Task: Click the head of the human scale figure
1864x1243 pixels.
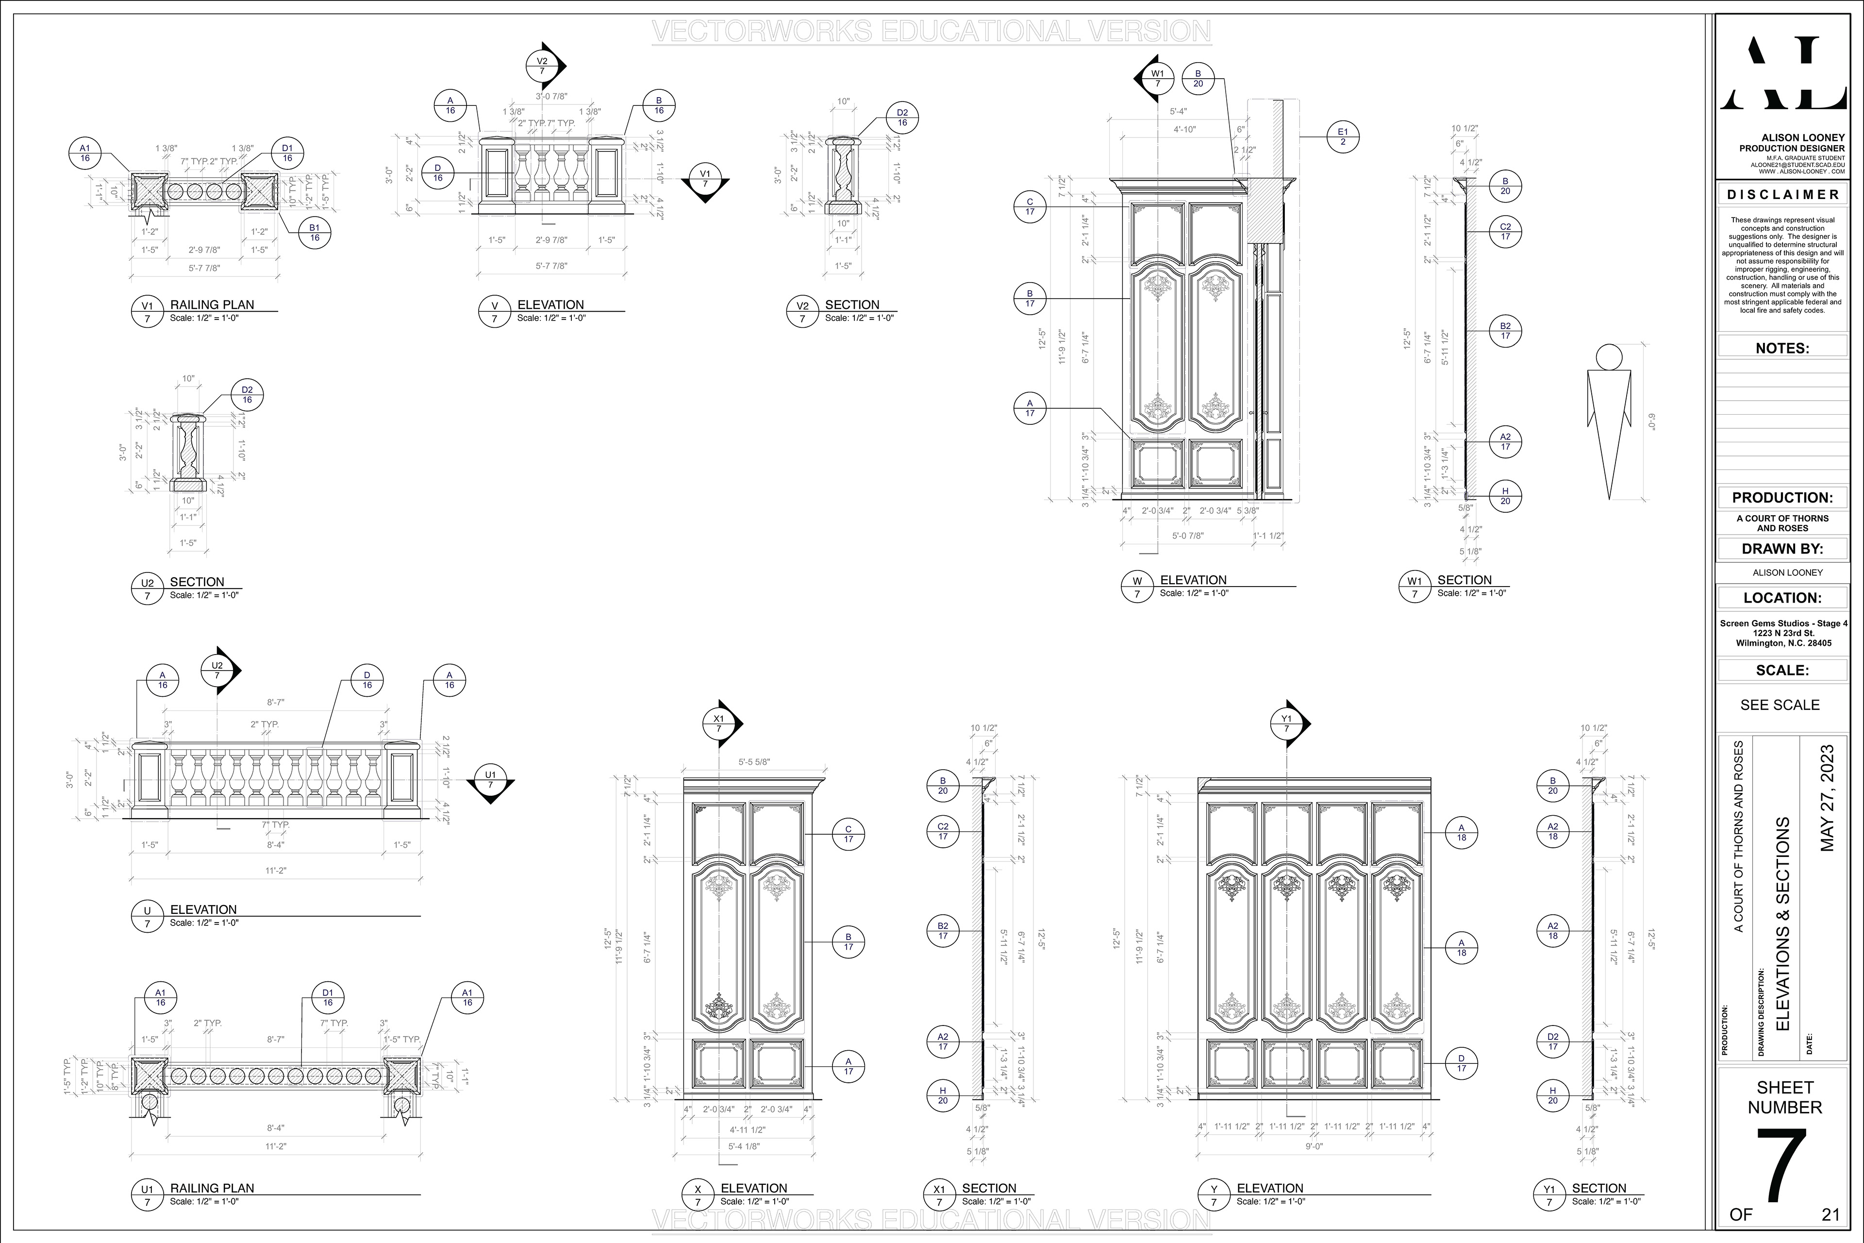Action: [1609, 357]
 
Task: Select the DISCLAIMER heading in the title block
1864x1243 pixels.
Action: [1782, 194]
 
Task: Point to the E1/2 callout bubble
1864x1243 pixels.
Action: [1343, 137]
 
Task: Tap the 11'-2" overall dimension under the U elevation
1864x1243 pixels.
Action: [275, 871]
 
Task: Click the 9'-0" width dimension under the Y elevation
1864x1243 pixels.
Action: [1314, 1145]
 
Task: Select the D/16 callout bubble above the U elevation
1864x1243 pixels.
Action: [367, 680]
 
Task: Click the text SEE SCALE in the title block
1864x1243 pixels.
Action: [1780, 705]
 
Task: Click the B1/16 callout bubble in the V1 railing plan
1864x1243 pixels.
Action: [315, 232]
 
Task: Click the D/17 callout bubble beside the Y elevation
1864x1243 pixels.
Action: [1462, 1063]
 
